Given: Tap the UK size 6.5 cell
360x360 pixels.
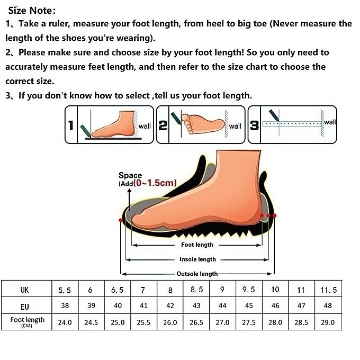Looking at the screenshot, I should [x=118, y=290].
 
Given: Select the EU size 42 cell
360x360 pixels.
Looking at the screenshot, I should [x=170, y=306].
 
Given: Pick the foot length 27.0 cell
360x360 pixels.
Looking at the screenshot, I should [x=222, y=322].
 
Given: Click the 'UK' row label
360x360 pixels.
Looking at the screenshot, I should [x=25, y=290].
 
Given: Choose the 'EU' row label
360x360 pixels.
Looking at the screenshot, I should [x=25, y=306].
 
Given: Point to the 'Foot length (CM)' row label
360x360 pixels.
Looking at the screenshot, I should [x=27, y=322].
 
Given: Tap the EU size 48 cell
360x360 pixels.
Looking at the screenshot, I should [x=328, y=306].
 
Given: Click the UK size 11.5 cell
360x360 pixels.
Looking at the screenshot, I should [x=328, y=290].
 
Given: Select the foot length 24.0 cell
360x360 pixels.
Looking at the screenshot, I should [x=65, y=322].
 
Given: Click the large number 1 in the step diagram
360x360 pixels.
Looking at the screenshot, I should [x=70, y=126].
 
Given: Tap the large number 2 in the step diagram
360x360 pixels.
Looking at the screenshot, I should [x=163, y=126].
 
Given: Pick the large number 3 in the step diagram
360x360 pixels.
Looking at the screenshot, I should [x=254, y=126].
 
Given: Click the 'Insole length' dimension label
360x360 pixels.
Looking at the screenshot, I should [x=197, y=259].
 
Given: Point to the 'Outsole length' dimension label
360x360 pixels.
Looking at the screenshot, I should [x=197, y=274].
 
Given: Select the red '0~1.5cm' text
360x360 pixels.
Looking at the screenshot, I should [x=155, y=184].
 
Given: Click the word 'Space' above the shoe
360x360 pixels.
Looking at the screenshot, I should [x=130, y=175].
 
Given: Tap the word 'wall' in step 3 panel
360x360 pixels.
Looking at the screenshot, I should [x=330, y=122].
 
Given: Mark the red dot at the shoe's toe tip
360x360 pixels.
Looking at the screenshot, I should [x=122, y=219].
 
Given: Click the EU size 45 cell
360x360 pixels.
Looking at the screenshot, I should [x=249, y=306].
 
